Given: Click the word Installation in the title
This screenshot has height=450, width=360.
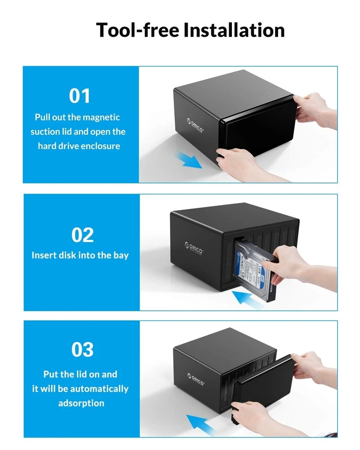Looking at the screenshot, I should tap(234, 30).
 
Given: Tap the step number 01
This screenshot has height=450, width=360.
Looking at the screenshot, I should tap(80, 96).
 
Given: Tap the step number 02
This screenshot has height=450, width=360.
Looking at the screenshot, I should tap(82, 235).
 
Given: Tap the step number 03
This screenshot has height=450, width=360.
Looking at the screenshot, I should tap(82, 350).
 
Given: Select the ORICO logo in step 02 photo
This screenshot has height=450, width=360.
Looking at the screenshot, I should tap(194, 248).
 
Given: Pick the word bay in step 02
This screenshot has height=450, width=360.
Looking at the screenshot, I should tap(121, 255).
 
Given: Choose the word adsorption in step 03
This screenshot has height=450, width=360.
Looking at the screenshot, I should tap(81, 403).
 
